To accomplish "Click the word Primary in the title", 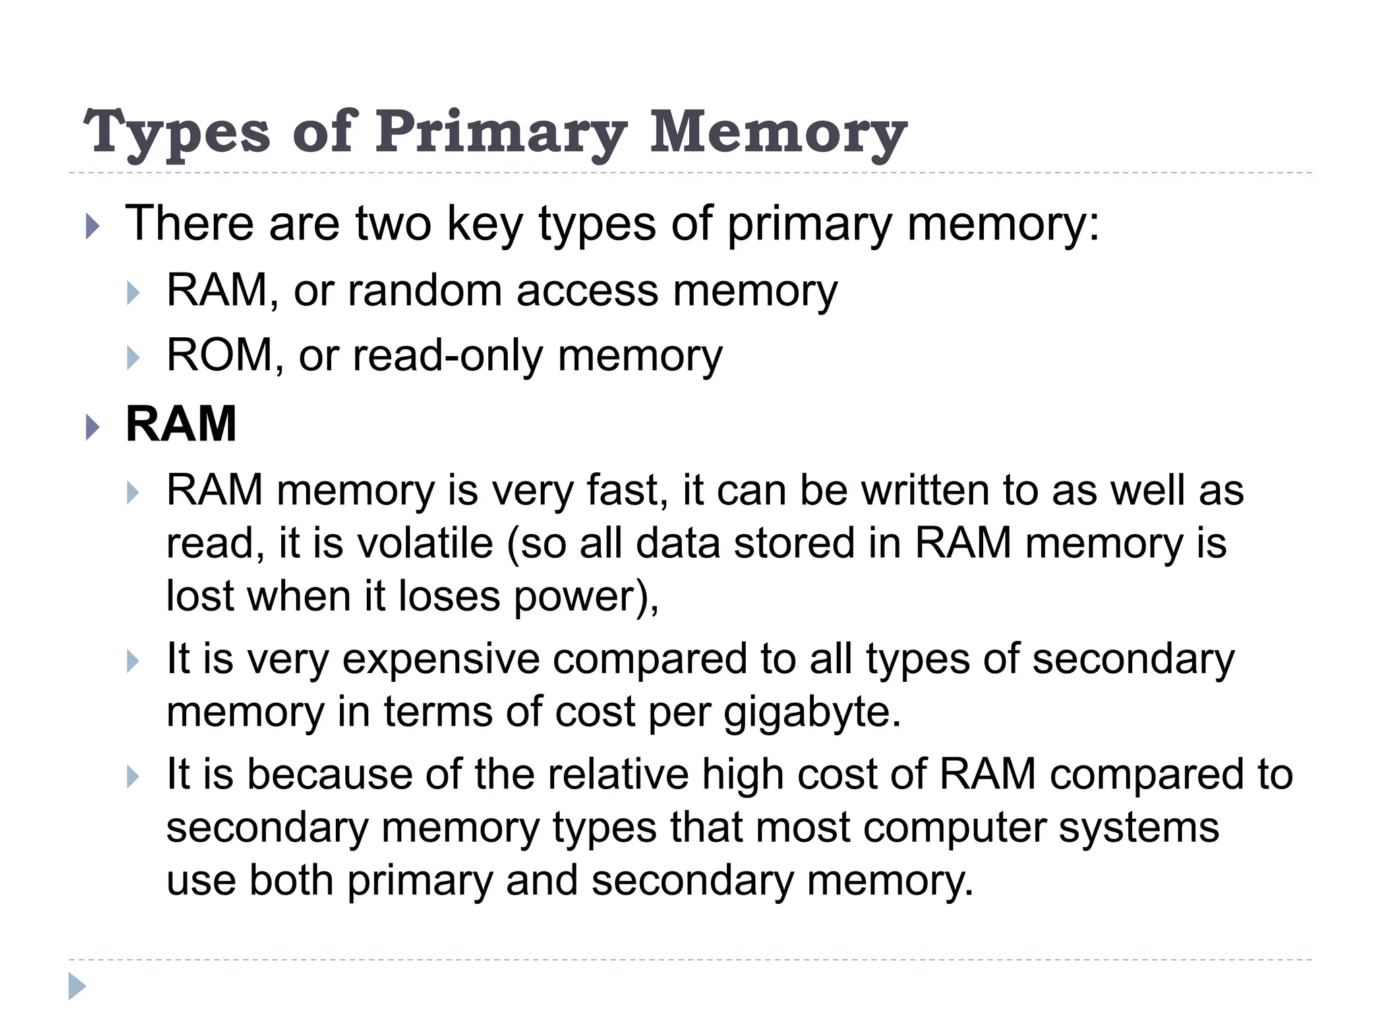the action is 500,133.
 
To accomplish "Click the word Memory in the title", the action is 778,133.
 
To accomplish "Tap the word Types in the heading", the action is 177,133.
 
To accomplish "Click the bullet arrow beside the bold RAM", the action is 93,427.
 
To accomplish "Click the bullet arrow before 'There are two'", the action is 93,227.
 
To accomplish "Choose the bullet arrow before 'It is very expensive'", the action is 133,662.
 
